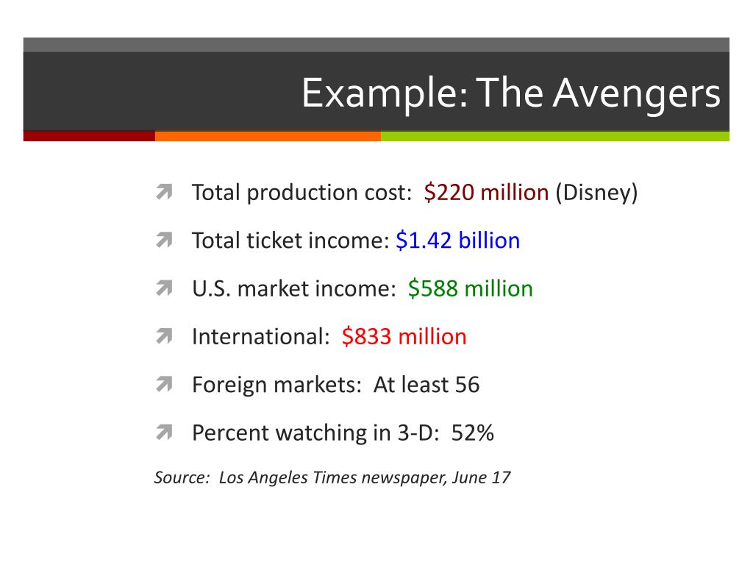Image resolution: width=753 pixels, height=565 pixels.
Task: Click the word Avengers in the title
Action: tap(637, 93)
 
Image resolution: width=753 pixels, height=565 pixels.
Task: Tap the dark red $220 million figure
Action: tap(486, 193)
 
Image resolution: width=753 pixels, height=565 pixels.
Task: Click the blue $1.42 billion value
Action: tap(457, 241)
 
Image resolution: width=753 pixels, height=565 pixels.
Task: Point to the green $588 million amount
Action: tap(470, 288)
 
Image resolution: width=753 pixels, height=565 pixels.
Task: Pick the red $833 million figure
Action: tap(404, 336)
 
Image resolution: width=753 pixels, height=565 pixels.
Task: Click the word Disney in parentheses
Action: tap(596, 193)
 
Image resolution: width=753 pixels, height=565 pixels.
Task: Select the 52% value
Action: tap(473, 433)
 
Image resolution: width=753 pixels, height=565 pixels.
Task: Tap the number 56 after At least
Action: tap(467, 384)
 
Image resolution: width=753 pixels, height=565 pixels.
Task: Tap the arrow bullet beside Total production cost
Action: tap(163, 193)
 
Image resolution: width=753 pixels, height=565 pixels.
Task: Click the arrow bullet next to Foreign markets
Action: tap(163, 385)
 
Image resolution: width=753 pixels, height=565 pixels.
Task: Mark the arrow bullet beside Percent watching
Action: tap(163, 433)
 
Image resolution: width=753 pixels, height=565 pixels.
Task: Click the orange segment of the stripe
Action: tap(268, 136)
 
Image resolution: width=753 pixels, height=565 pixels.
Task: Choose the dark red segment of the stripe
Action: tap(89, 136)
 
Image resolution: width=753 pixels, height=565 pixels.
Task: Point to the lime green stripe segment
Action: tap(555, 136)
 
